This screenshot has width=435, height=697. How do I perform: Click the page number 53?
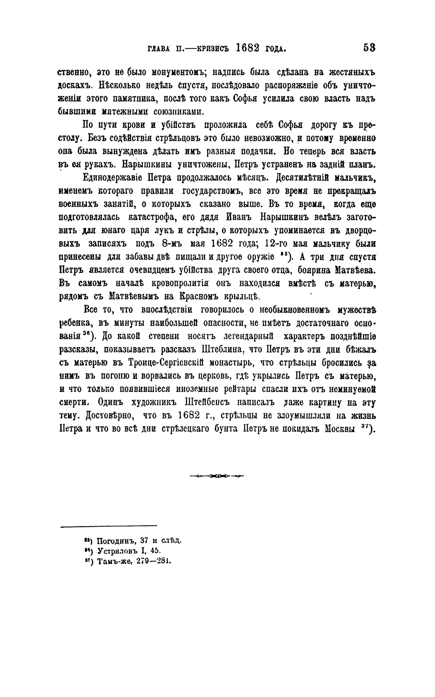369,48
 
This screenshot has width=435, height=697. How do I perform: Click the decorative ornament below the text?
216,476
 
